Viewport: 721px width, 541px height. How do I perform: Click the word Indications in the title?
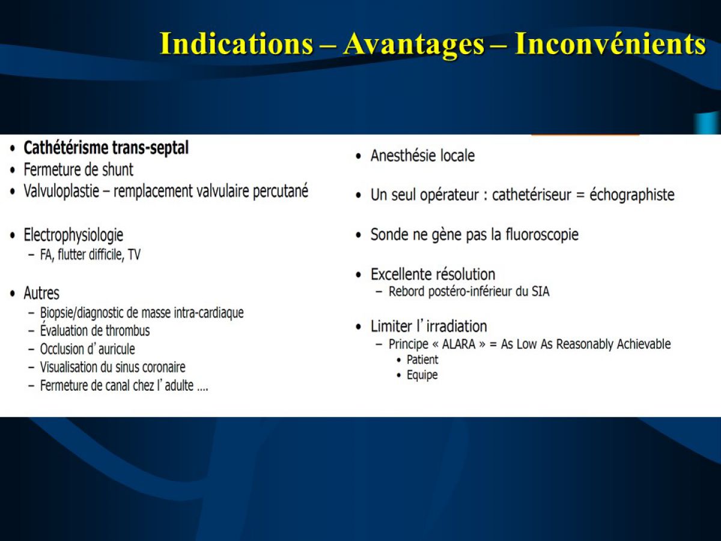tap(236, 44)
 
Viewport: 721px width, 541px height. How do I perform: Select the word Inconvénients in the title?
tap(610, 44)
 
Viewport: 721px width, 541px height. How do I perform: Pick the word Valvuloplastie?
tap(61, 192)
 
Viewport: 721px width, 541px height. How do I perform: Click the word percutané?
tap(280, 192)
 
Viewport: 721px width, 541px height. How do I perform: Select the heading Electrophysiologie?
tap(73, 236)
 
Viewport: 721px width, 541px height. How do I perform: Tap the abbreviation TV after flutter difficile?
tap(134, 254)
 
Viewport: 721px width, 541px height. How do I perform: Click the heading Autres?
tap(41, 293)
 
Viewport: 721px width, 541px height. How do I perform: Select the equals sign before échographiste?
tap(580, 195)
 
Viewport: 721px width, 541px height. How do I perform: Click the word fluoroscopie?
tap(542, 234)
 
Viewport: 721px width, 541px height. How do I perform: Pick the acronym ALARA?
tap(458, 344)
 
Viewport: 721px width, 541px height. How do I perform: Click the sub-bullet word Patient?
tap(422, 359)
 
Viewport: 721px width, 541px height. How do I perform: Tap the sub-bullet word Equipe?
tap(422, 374)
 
